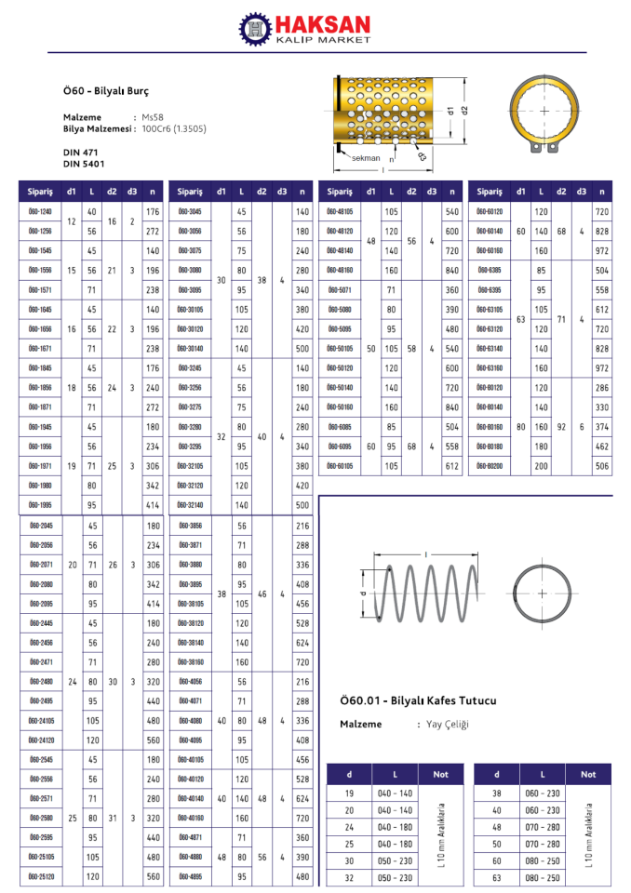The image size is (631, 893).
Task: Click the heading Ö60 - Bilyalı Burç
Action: (105, 91)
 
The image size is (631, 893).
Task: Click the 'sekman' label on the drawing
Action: (366, 158)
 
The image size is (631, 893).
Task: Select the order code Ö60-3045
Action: (189, 212)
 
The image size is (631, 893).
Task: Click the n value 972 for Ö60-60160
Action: (601, 251)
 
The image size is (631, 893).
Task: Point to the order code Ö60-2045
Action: (40, 526)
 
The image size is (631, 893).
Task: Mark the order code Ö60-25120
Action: (40, 877)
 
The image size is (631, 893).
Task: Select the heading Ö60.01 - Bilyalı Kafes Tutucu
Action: (419, 700)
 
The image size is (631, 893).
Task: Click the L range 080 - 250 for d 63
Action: (542, 877)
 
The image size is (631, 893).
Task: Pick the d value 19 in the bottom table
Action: (349, 793)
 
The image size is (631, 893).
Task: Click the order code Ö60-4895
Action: (190, 877)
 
